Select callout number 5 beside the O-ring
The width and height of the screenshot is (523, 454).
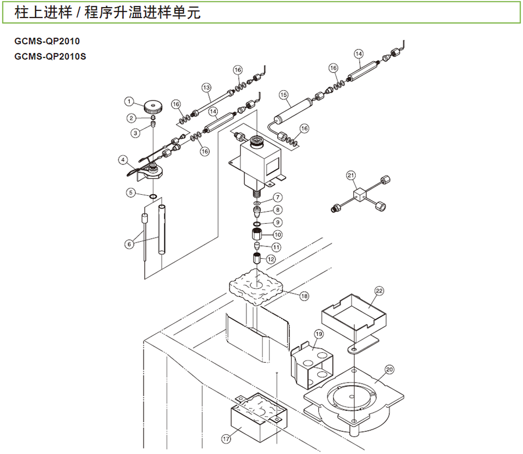pyautogui.click(x=131, y=192)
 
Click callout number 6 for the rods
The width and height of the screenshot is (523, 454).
pyautogui.click(x=130, y=244)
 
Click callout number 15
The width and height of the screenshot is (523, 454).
pyautogui.click(x=284, y=95)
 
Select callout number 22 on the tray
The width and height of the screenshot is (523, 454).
pyautogui.click(x=379, y=290)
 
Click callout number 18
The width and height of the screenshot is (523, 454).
pyautogui.click(x=304, y=295)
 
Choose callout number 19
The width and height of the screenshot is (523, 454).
pyautogui.click(x=318, y=334)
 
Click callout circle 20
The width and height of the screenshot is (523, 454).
pyautogui.click(x=389, y=369)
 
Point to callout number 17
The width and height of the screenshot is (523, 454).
pyautogui.click(x=226, y=438)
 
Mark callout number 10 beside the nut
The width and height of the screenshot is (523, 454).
pyautogui.click(x=278, y=234)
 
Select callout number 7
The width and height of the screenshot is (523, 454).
pyautogui.click(x=278, y=197)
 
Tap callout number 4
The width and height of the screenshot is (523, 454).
pyautogui.click(x=123, y=159)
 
